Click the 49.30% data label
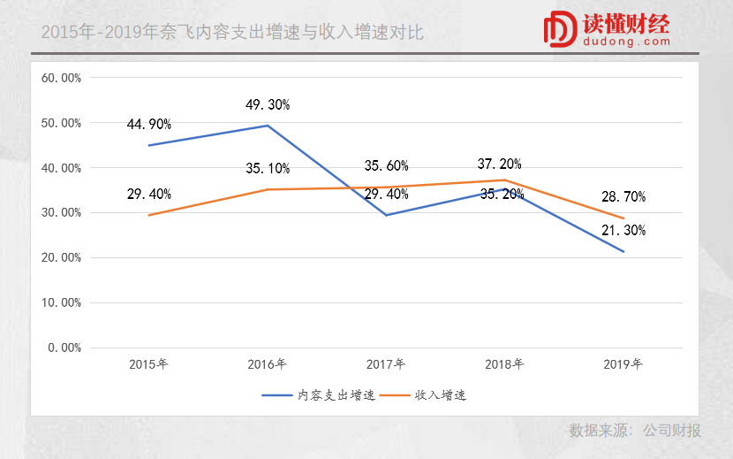tap(268, 104)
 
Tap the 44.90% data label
tap(149, 124)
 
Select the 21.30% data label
tap(623, 231)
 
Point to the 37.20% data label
tap(499, 164)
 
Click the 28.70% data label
tap(623, 196)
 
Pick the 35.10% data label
tap(268, 168)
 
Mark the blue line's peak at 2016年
tap(268, 126)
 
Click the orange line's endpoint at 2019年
tap(624, 218)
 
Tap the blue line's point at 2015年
tap(149, 145)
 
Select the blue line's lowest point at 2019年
tap(624, 252)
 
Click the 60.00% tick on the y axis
tap(62, 78)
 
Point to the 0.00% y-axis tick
tap(64, 348)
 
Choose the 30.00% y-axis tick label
tap(62, 212)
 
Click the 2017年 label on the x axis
tap(386, 363)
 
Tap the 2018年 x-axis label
tap(504, 363)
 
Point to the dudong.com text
tap(627, 42)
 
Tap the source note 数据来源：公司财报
tap(635, 431)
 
